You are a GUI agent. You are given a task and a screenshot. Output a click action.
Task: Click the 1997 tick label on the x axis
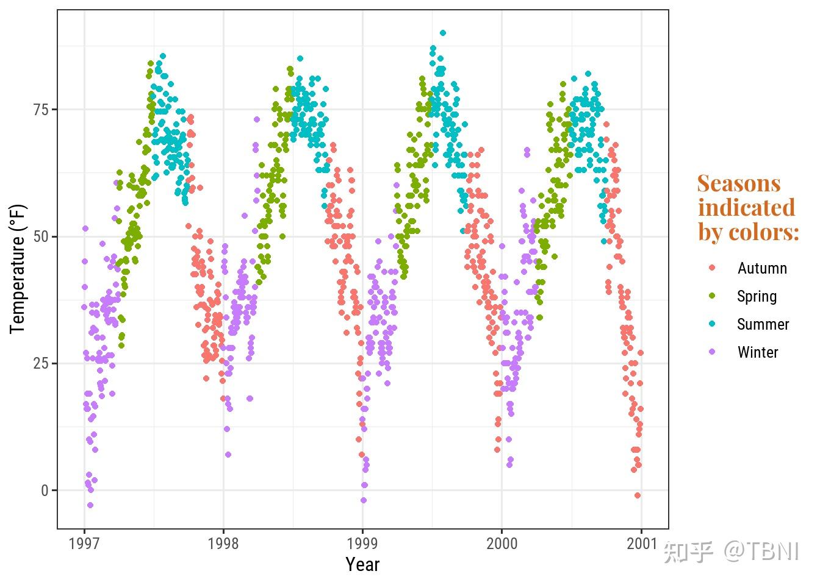[x=84, y=544]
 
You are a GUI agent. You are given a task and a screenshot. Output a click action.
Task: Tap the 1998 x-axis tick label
[x=223, y=544]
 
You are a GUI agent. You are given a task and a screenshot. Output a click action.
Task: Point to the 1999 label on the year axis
[x=362, y=544]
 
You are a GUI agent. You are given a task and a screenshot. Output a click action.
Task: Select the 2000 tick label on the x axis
[x=502, y=544]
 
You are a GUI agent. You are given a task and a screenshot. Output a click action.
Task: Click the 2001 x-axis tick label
[x=641, y=544]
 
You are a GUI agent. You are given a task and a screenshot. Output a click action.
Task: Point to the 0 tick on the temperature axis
[x=45, y=491]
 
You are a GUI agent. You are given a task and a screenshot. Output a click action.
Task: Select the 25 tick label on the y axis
[x=41, y=364]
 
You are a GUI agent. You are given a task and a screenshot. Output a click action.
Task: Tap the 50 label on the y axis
[x=41, y=236]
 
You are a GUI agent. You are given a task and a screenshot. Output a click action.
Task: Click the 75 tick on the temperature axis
[x=41, y=110]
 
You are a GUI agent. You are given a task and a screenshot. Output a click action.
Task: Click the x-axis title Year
[x=362, y=565]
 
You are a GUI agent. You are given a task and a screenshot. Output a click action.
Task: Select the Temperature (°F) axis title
[x=18, y=269]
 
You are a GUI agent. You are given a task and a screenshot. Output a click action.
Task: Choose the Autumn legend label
[x=762, y=269]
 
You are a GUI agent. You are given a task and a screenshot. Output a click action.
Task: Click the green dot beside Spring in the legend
[x=712, y=297]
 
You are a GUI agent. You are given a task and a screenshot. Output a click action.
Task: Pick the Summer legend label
[x=763, y=325]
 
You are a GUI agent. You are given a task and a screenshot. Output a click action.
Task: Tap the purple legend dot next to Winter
[x=712, y=353]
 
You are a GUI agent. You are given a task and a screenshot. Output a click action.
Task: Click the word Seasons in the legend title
[x=739, y=183]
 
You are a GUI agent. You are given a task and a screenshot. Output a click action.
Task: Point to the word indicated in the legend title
[x=747, y=208]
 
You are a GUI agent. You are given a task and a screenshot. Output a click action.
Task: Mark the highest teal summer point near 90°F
[x=443, y=33]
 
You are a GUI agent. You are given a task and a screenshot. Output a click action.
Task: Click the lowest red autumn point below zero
[x=638, y=495]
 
